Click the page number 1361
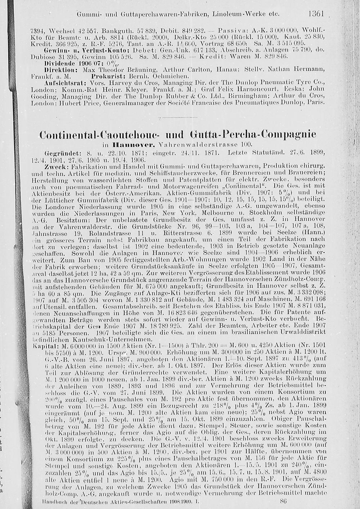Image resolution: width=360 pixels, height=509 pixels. [x=317, y=14]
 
